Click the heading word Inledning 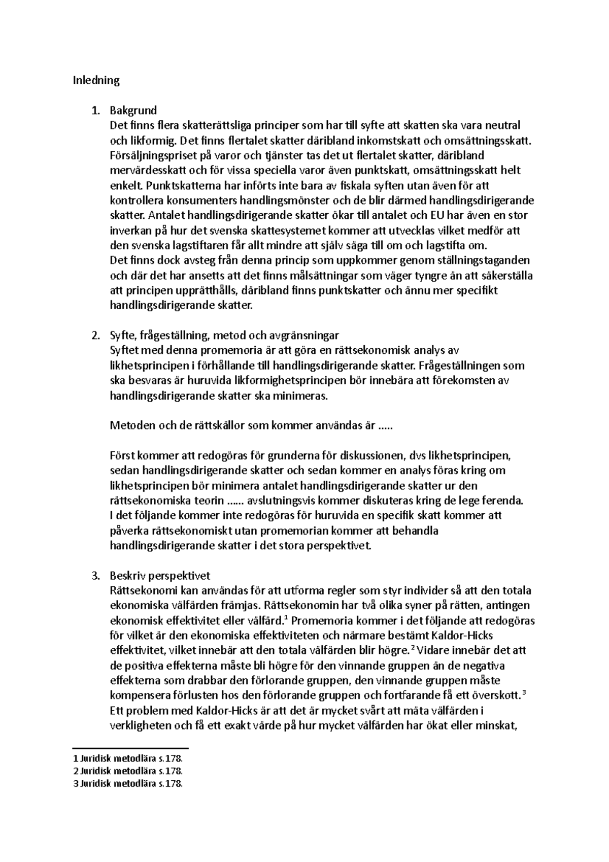[96, 80]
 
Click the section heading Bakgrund [133, 110]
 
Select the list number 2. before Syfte [95, 336]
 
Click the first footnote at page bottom [127, 759]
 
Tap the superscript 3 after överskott [523, 693]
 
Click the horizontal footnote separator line [130, 748]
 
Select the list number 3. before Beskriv [95, 576]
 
